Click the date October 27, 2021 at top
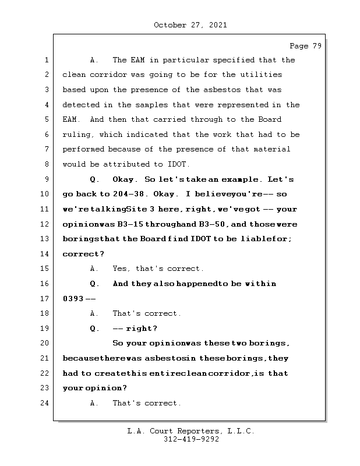(190, 25)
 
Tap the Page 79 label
(305, 46)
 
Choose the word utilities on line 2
(260, 75)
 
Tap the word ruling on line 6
(77, 135)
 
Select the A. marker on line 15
(95, 269)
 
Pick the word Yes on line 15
(121, 269)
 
